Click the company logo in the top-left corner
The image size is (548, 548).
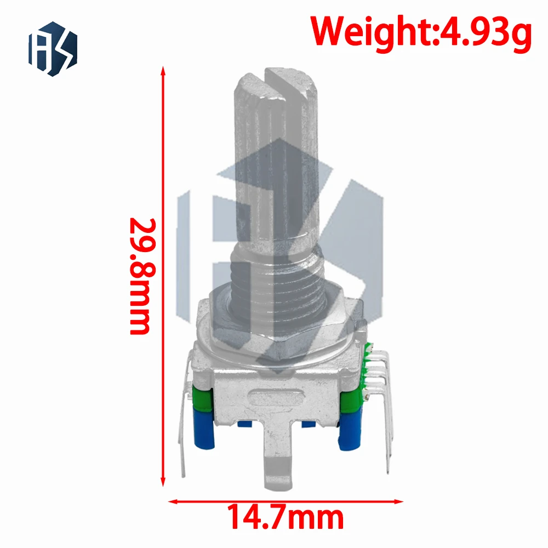(x=53, y=48)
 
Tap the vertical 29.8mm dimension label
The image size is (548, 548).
(x=140, y=277)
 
